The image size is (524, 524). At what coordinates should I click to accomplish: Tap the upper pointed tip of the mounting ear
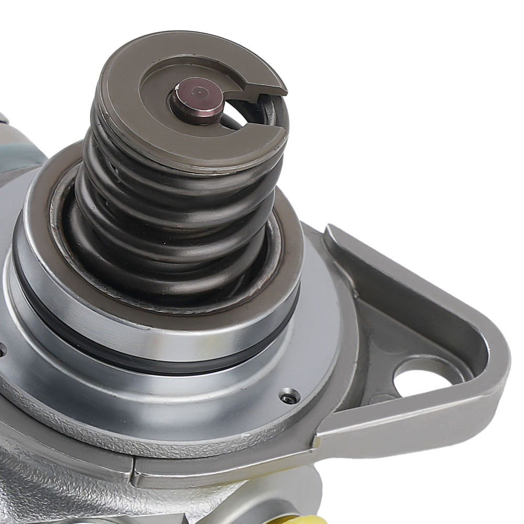click(333, 231)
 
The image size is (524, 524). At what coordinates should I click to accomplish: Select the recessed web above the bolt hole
click(398, 330)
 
